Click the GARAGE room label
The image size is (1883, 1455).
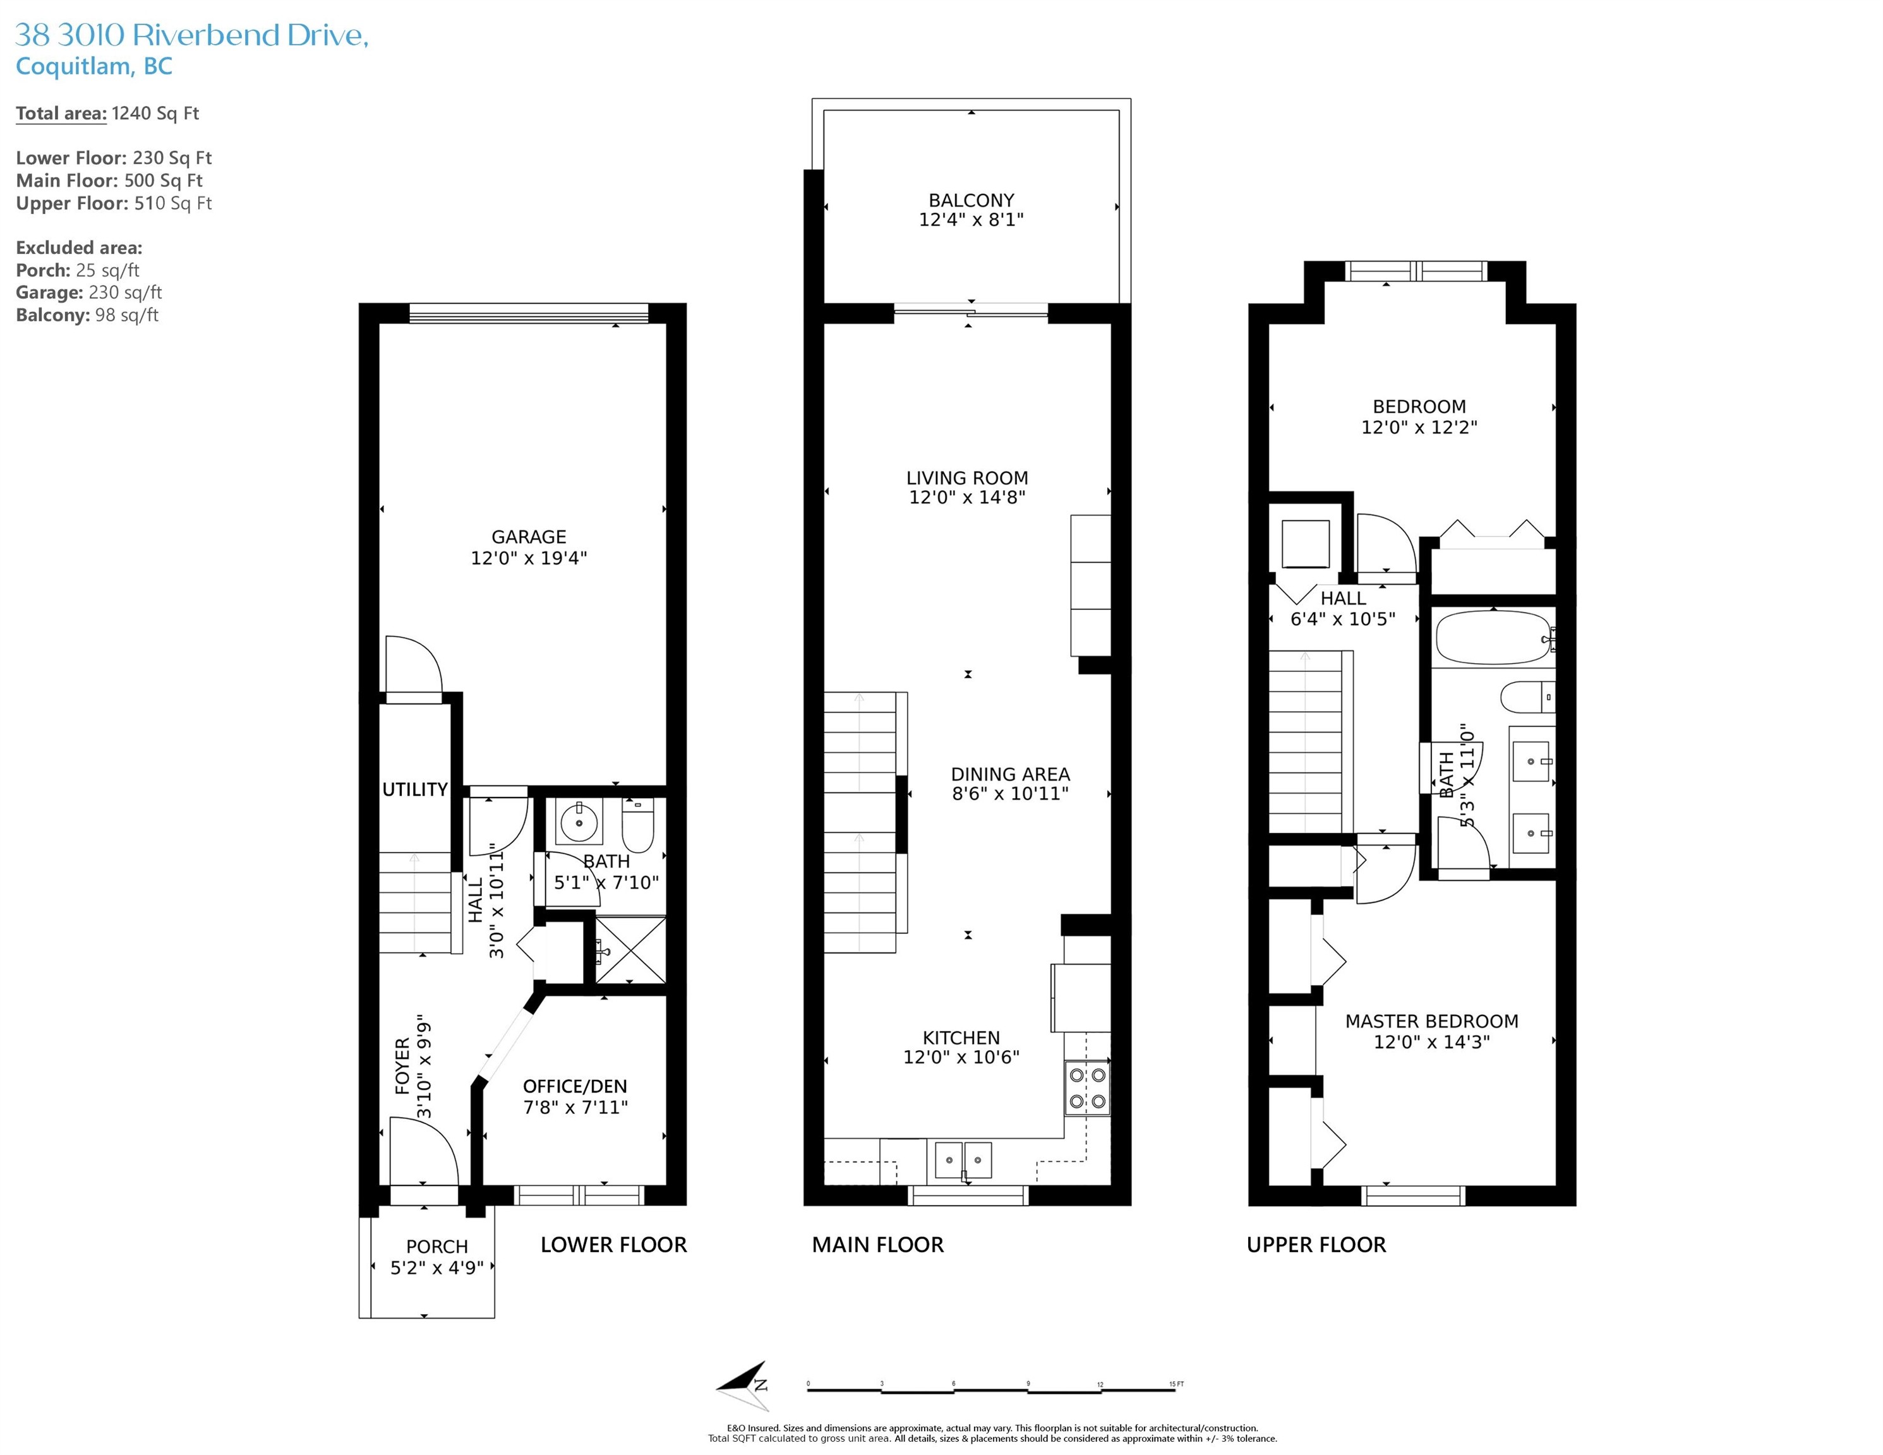click(x=529, y=536)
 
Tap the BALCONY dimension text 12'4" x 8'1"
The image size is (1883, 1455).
click(x=971, y=220)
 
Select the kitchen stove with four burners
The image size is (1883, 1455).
click(x=1087, y=1088)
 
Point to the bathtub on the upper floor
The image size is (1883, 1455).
click(x=1494, y=637)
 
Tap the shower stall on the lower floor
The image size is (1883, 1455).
click(x=630, y=950)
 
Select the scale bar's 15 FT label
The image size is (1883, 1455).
click(x=1176, y=1384)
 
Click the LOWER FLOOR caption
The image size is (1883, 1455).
click(x=614, y=1245)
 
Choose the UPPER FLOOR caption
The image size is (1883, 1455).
click(x=1316, y=1245)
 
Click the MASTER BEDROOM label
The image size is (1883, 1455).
click(x=1432, y=1021)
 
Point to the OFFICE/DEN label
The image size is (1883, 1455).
click(x=575, y=1087)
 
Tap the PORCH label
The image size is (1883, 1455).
click(x=437, y=1247)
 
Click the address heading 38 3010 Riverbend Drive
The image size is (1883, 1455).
click(x=192, y=35)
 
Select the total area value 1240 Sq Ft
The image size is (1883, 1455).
click(x=155, y=113)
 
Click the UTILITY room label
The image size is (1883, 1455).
click(x=415, y=789)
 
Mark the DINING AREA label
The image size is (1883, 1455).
click(x=1011, y=774)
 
